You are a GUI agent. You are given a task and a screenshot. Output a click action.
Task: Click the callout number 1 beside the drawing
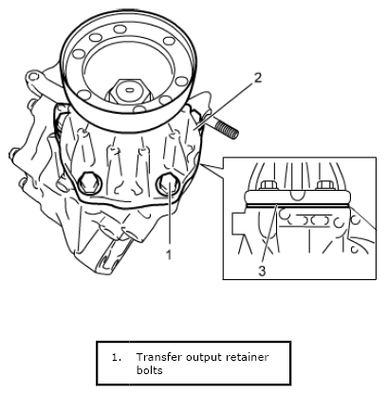click(169, 254)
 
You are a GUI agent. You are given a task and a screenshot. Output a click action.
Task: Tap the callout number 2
click(258, 78)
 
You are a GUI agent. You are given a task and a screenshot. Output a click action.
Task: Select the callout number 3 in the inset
click(262, 271)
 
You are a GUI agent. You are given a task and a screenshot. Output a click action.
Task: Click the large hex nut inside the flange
click(129, 90)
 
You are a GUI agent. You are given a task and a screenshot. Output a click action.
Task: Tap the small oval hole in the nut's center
click(129, 90)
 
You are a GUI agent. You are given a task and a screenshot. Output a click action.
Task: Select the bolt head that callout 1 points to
click(168, 183)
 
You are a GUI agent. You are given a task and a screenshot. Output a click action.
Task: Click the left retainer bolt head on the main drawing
click(89, 183)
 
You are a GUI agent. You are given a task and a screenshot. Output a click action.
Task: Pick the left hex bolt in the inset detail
click(268, 185)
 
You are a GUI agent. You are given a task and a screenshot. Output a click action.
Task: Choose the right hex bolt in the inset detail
click(324, 185)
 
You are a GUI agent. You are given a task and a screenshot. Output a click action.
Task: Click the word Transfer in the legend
click(158, 357)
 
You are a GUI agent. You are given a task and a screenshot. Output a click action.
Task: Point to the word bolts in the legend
click(149, 370)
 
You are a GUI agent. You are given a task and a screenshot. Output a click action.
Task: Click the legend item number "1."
click(117, 357)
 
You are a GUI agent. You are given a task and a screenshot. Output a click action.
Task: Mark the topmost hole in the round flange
click(120, 29)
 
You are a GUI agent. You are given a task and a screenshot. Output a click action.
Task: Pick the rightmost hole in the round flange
click(181, 82)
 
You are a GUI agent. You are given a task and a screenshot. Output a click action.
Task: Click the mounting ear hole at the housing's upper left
click(33, 77)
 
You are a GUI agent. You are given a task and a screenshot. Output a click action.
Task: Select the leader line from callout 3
click(269, 235)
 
